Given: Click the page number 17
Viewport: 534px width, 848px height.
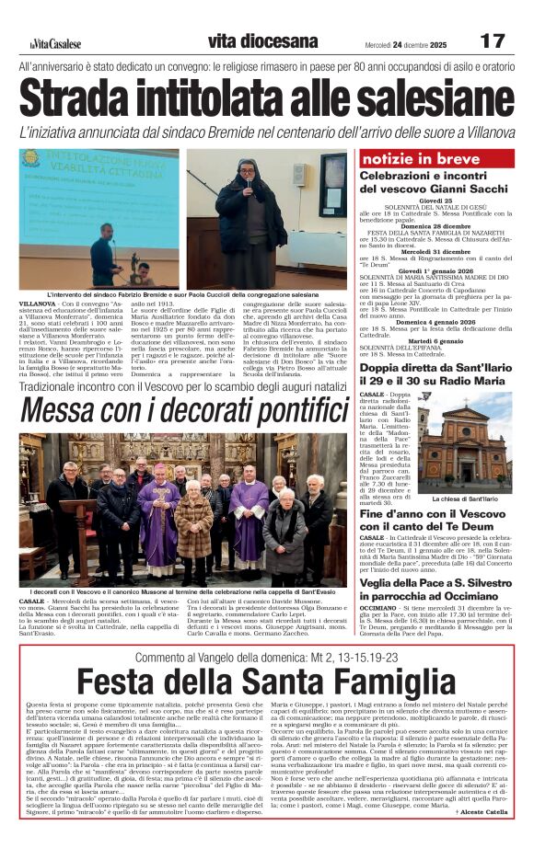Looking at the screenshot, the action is pyautogui.click(x=493, y=41).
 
